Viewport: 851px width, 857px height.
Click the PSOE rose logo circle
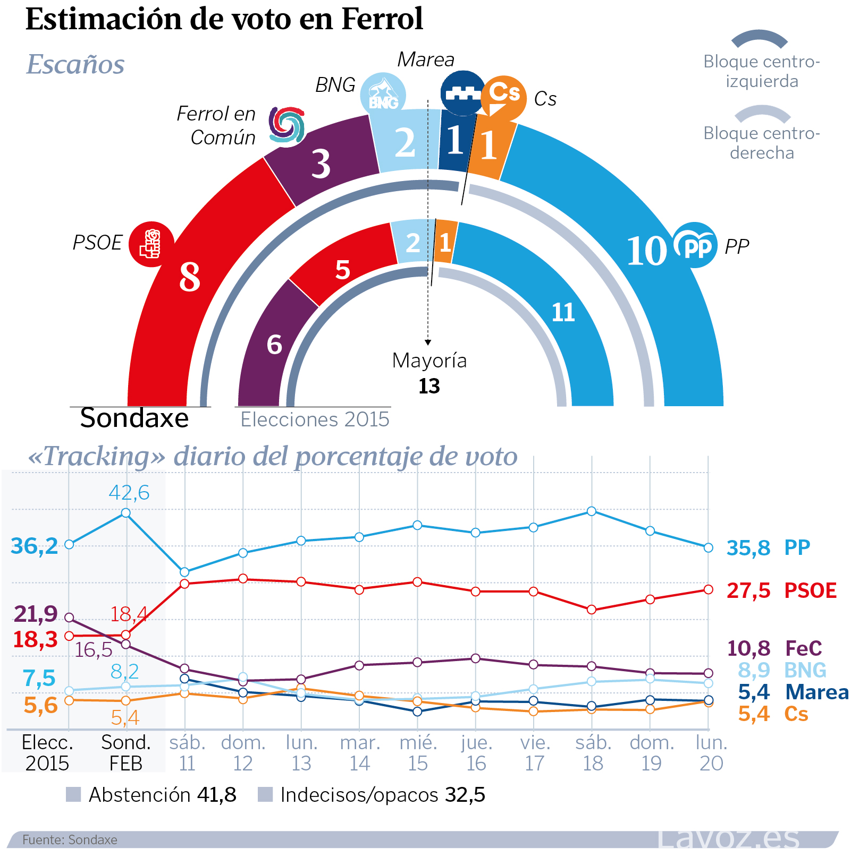point(151,244)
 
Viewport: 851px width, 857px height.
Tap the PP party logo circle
point(695,245)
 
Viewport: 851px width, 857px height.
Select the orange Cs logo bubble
point(503,97)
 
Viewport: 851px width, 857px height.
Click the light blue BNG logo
point(383,95)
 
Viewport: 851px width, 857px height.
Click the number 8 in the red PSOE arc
point(190,277)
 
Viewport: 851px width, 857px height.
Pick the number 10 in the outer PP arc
point(646,251)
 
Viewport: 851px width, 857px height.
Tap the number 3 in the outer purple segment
point(321,164)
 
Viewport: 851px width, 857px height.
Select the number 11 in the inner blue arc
point(563,312)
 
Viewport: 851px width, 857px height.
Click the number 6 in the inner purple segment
point(274,345)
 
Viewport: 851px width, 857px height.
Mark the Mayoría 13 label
point(429,373)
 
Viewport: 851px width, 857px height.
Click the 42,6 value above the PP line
point(129,492)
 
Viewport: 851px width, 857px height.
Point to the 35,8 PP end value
point(748,547)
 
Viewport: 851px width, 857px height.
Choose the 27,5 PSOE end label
point(748,590)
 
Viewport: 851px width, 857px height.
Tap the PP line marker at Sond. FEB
point(126,513)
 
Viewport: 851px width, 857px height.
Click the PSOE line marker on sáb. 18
point(592,610)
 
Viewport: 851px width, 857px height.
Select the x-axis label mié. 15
point(418,752)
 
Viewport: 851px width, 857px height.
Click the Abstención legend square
point(73,794)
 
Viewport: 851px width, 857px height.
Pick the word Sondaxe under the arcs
point(134,418)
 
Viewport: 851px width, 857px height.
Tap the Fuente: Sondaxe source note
point(70,839)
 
